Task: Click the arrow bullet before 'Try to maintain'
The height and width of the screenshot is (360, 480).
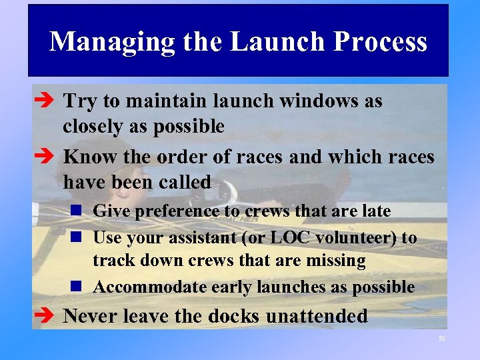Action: coord(44,101)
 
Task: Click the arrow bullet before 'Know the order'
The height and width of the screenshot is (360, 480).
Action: coord(44,157)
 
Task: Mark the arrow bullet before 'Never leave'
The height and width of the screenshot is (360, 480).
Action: coord(44,316)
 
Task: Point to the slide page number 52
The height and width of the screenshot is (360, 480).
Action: coord(441,339)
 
